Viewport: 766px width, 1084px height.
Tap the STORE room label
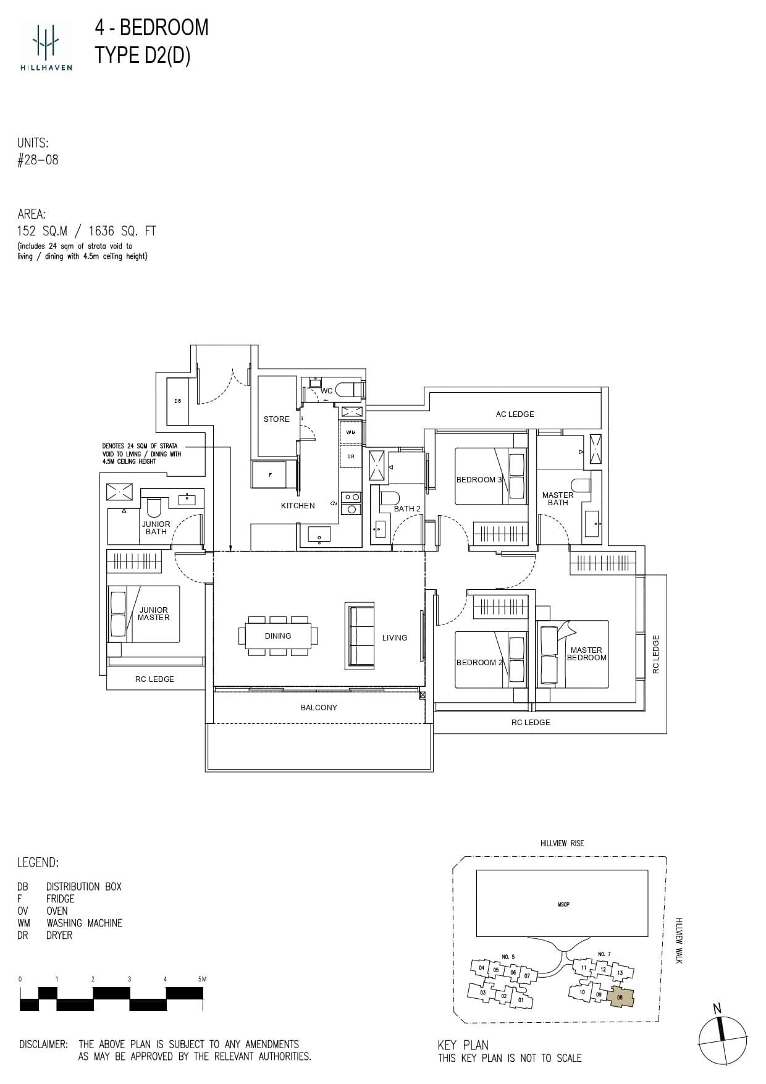[276, 419]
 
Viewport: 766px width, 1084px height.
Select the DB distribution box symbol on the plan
[178, 401]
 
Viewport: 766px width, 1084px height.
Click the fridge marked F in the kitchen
[270, 475]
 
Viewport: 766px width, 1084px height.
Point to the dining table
[278, 636]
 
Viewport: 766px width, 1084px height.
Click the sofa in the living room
[360, 636]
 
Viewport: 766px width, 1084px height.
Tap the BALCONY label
[319, 707]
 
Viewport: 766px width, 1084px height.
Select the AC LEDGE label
[515, 414]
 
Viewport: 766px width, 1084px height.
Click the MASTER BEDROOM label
[586, 653]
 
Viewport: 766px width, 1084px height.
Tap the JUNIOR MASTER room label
[153, 613]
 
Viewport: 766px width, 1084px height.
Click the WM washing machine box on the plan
[350, 433]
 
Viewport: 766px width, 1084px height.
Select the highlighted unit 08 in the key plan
[620, 996]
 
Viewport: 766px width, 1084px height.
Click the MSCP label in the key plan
[563, 904]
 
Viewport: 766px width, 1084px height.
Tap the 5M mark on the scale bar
[201, 979]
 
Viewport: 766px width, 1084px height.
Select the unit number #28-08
[38, 160]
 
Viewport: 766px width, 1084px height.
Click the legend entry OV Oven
[43, 911]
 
